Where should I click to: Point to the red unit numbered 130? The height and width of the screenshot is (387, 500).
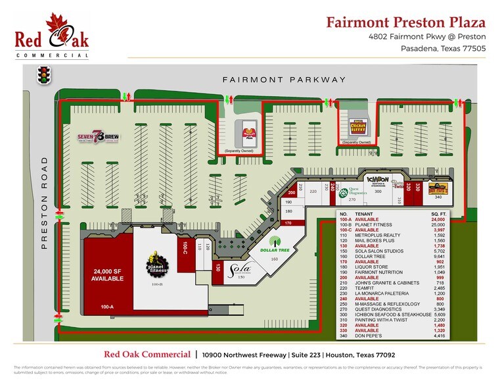click(217, 267)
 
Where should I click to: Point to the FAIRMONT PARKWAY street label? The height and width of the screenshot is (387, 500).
click(284, 80)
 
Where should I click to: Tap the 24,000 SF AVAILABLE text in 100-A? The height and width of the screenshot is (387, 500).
click(108, 275)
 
